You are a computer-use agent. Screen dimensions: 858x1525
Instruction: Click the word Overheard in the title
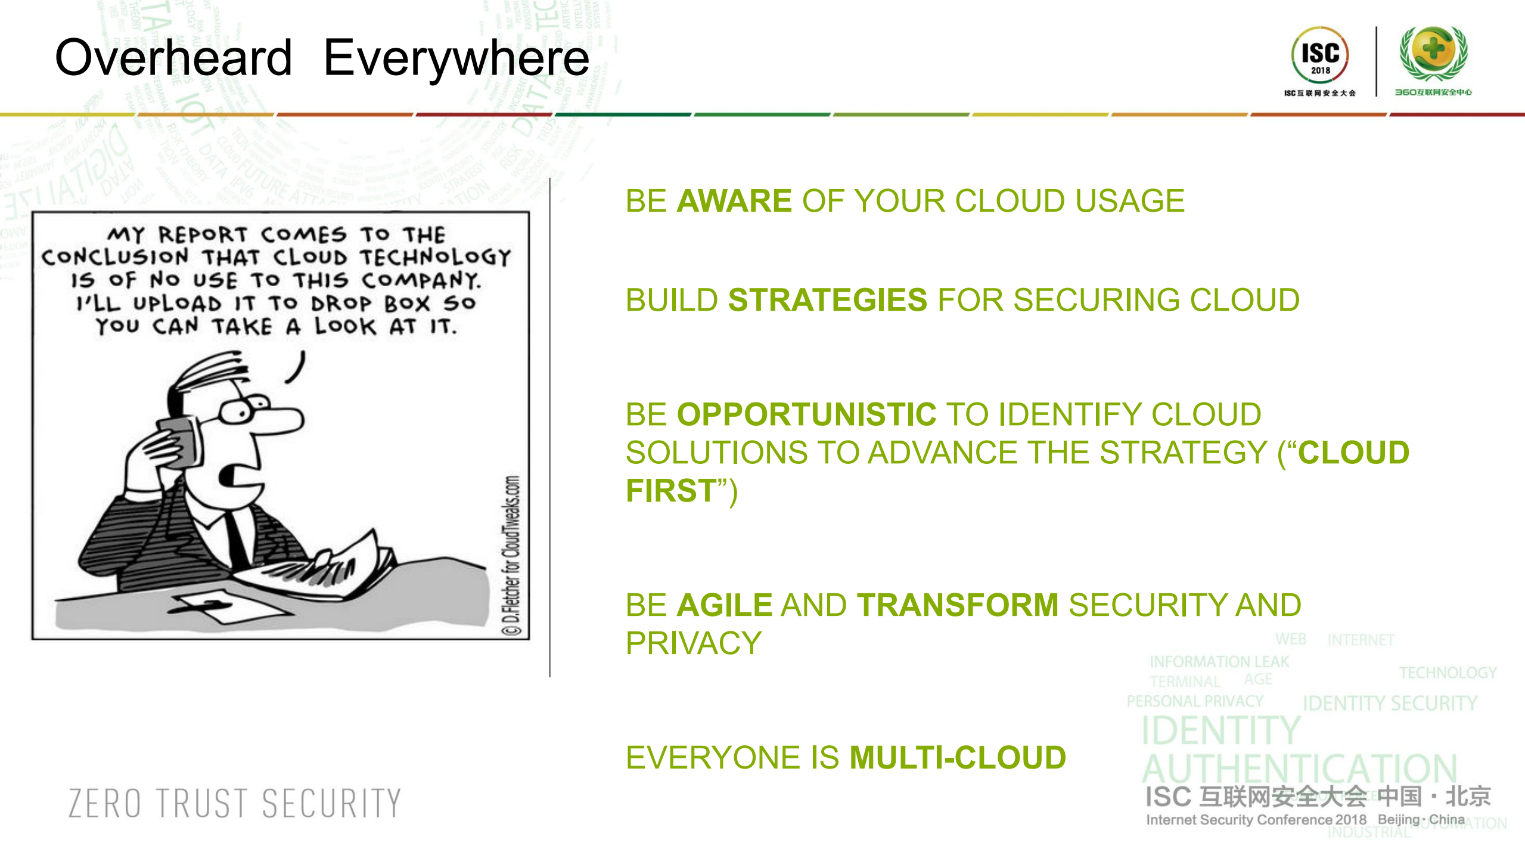point(173,58)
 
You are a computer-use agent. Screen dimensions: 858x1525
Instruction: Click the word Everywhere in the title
point(456,58)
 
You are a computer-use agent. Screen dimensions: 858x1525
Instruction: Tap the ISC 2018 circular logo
point(1319,55)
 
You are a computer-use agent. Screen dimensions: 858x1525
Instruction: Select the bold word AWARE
point(734,201)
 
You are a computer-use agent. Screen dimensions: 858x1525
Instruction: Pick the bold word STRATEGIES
point(827,300)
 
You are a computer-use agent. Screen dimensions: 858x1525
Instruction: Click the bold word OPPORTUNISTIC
point(806,414)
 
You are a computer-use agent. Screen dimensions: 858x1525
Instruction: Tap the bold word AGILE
point(725,605)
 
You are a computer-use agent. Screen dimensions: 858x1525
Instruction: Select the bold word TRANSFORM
point(958,605)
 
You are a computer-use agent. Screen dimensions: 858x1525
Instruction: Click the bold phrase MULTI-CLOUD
point(958,758)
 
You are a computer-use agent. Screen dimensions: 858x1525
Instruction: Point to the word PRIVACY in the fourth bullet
point(694,643)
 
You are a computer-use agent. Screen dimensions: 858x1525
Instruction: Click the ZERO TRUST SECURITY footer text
point(235,803)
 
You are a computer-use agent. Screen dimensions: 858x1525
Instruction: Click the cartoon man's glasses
point(241,410)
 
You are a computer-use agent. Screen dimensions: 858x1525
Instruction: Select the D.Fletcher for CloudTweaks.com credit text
point(511,555)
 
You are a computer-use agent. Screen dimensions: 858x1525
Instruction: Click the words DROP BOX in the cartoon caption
point(370,303)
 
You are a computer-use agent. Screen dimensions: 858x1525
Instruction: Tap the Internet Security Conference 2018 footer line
point(1256,820)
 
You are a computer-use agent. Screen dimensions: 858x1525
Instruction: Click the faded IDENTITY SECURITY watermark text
point(1389,704)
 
